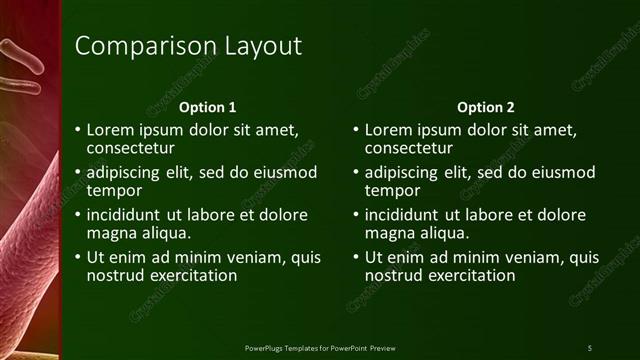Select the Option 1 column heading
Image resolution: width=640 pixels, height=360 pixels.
coord(207,107)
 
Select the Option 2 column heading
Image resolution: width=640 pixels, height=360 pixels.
coord(485,107)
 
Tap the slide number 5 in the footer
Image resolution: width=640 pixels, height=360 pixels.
coord(590,347)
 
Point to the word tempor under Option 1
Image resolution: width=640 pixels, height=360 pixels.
coord(114,190)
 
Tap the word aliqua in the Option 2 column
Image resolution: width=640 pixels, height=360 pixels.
coord(440,233)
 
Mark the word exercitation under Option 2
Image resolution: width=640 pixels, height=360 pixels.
coord(470,275)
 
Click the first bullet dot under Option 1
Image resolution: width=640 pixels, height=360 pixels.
coord(78,130)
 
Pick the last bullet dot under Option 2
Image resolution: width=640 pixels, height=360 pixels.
coord(356,258)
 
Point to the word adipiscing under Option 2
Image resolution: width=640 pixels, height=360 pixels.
coord(402,172)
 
